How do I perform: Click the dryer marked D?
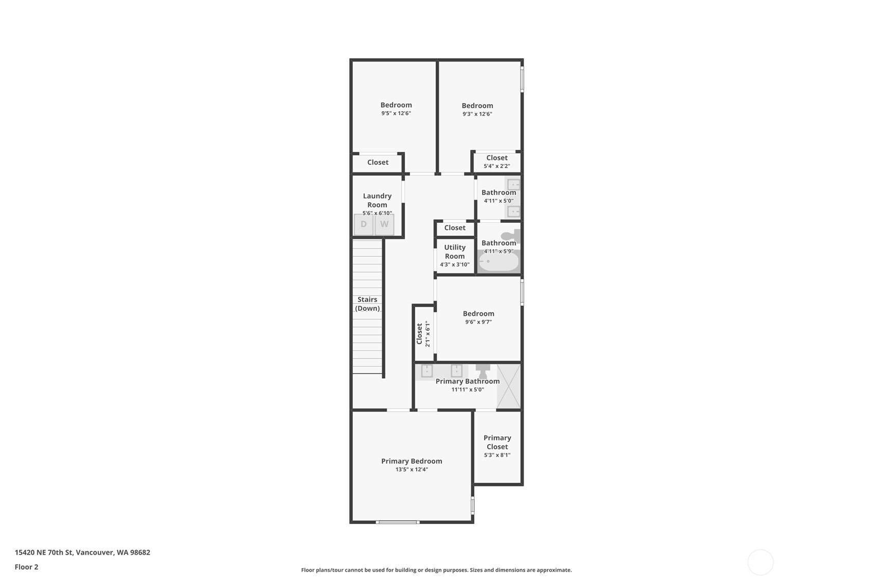(364, 224)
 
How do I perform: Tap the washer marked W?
(384, 224)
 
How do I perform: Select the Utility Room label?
(455, 252)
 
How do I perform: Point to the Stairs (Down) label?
(367, 304)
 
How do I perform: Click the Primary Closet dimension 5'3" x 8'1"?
(497, 455)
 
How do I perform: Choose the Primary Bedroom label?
(412, 461)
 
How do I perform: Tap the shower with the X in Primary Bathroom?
(508, 386)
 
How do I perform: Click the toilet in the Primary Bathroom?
(483, 371)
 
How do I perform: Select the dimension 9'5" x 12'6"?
(396, 113)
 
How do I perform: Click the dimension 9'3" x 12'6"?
(477, 114)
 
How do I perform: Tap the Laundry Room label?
(377, 200)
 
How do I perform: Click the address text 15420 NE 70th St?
(82, 552)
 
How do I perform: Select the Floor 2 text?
(26, 567)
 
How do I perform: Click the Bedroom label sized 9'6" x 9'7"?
(478, 313)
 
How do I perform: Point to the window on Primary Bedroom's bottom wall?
(398, 522)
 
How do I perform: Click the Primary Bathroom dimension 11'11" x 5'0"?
(468, 390)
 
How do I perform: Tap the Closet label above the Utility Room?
(455, 227)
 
